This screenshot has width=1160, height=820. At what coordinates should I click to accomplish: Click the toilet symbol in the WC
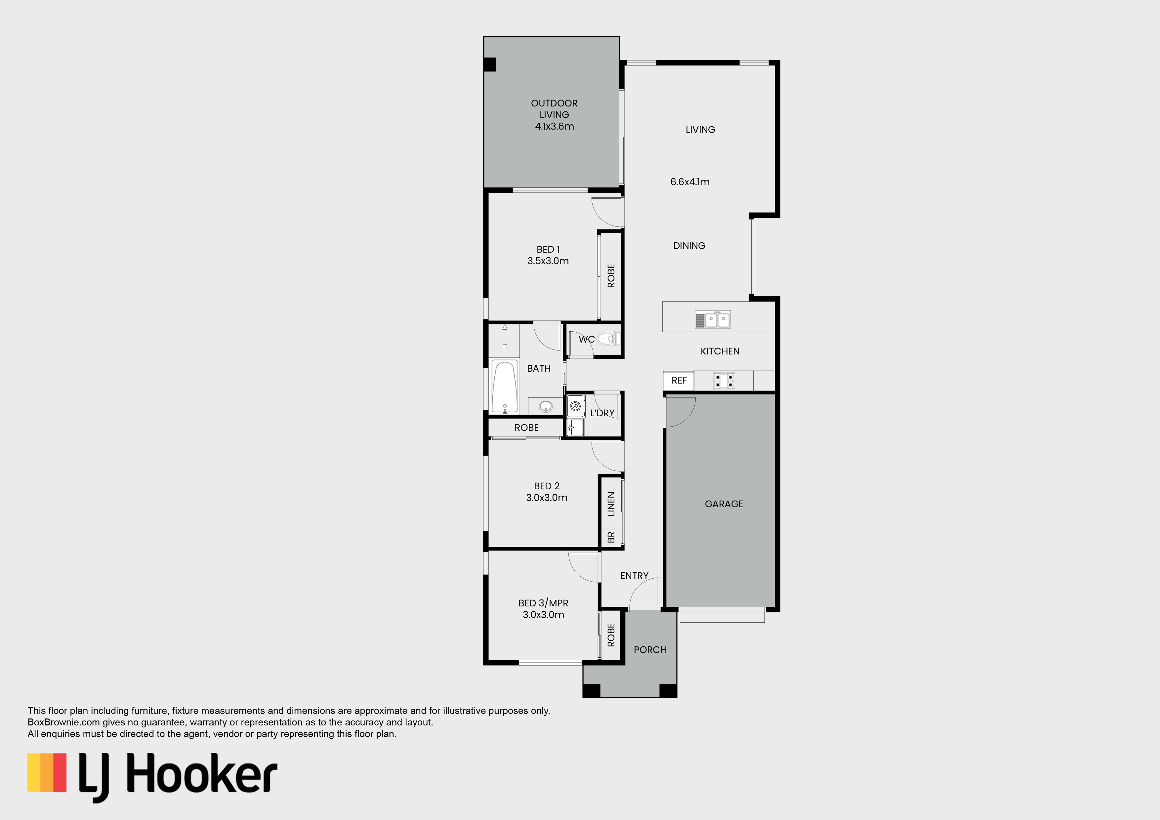tap(608, 339)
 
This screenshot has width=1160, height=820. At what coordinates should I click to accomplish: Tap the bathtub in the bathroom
tap(504, 387)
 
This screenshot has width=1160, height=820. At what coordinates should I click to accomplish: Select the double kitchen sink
tap(712, 320)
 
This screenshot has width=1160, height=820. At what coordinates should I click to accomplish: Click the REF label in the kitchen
tap(679, 381)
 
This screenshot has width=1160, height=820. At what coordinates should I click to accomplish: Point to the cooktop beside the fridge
tap(724, 381)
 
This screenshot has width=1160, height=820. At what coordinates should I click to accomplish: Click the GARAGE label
tap(724, 504)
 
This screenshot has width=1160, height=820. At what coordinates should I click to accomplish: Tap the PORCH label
tap(650, 650)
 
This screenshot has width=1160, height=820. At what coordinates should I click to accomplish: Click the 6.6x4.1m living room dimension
tap(690, 182)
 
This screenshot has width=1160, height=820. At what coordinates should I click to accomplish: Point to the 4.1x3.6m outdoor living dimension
tap(554, 126)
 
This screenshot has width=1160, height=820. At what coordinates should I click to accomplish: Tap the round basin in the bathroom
tap(546, 406)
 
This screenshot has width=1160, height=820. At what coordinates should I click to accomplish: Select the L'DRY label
tap(602, 413)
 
